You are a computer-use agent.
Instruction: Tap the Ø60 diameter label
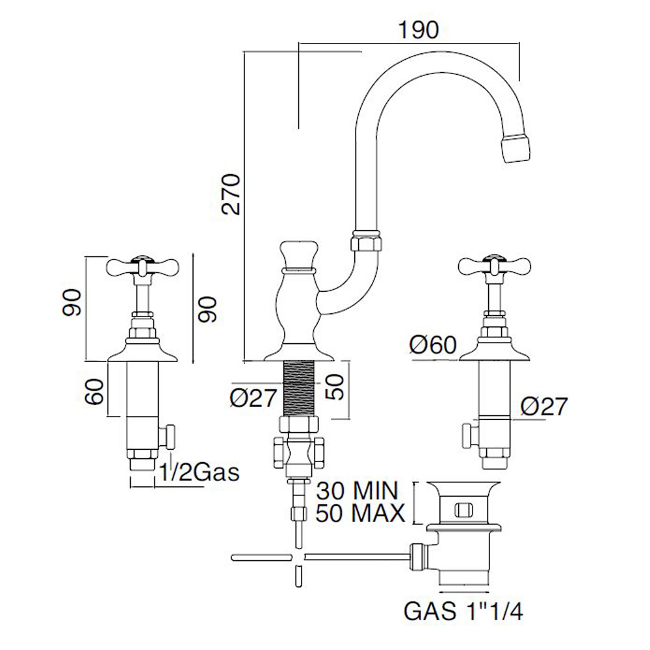[434, 344]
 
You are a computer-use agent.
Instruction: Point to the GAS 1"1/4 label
[463, 611]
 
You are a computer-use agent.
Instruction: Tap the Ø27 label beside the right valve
[545, 407]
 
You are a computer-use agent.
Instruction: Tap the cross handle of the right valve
[494, 265]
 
